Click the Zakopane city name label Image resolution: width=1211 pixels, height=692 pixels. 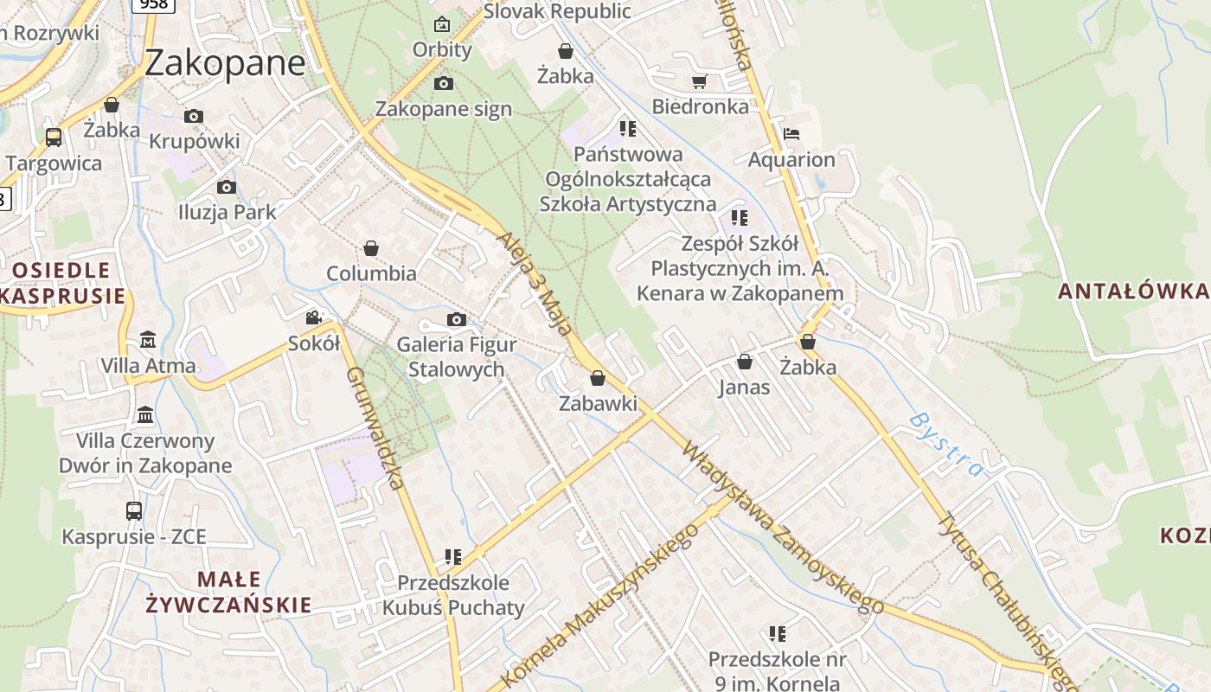[x=225, y=63]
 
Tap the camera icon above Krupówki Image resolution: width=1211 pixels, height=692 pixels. [x=194, y=116]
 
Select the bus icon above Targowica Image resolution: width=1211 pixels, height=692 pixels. [x=54, y=137]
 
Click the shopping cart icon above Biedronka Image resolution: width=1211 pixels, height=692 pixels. [x=700, y=81]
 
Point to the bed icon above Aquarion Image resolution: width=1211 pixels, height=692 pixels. [x=791, y=134]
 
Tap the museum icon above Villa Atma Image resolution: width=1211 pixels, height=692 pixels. [x=148, y=338]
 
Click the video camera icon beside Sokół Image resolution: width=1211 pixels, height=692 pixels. [x=313, y=317]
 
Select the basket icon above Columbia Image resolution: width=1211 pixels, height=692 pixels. [x=371, y=248]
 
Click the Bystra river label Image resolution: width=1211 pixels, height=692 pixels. [x=947, y=445]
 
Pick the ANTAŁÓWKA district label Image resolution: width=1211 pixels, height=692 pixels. [x=1133, y=292]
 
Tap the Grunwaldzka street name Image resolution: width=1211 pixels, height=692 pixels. [x=375, y=428]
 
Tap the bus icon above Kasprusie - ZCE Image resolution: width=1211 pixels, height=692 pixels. [x=134, y=510]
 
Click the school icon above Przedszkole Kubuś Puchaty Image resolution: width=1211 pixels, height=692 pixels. [x=453, y=556]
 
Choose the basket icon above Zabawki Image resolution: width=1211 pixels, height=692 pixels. [x=598, y=378]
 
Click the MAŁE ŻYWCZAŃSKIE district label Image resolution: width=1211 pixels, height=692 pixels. [x=228, y=592]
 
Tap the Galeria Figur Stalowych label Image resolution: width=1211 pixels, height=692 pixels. [x=457, y=356]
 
